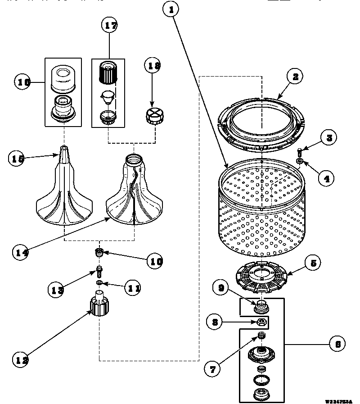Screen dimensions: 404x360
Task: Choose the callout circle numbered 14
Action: pyautogui.click(x=20, y=252)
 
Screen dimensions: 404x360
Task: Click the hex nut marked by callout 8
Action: pyautogui.click(x=261, y=322)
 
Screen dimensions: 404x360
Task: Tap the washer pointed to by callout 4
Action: pyautogui.click(x=299, y=161)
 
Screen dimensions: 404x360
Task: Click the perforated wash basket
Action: pyautogui.click(x=261, y=212)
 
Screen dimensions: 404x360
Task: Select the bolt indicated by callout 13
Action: pyautogui.click(x=99, y=272)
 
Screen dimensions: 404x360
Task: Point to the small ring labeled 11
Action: pyautogui.click(x=99, y=283)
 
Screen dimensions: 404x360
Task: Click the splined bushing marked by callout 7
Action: pyautogui.click(x=261, y=336)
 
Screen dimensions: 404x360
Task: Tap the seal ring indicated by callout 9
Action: pyautogui.click(x=261, y=307)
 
